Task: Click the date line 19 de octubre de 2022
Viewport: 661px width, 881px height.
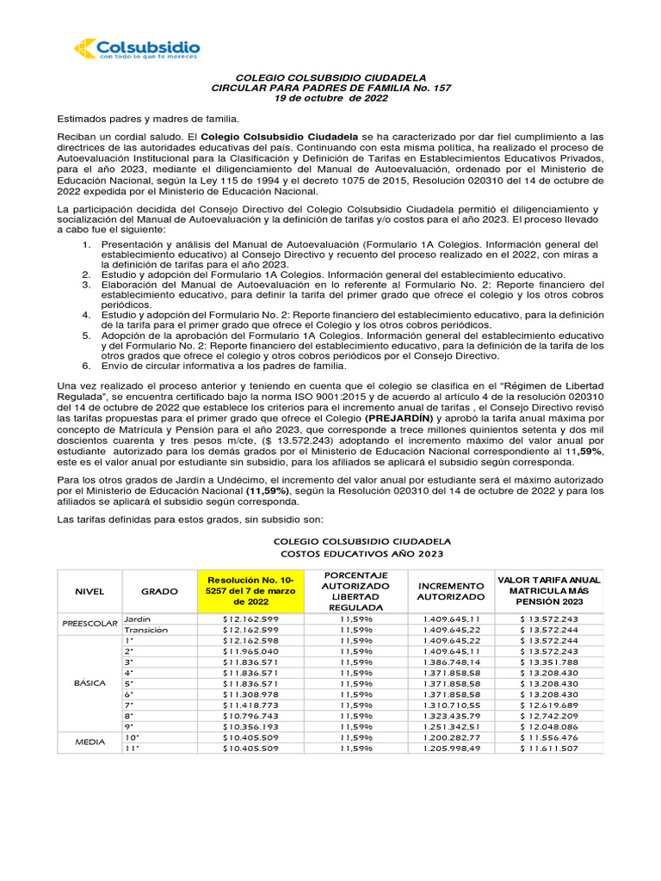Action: [331, 98]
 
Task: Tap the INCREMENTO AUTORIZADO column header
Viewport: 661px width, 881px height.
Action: [451, 591]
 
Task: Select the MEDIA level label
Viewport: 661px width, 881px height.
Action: [89, 742]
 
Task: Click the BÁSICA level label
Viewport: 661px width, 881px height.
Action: [89, 682]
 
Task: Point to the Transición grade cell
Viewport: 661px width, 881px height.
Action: [145, 630]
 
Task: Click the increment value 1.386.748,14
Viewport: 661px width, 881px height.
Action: [451, 662]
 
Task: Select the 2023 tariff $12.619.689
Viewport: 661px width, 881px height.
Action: [549, 704]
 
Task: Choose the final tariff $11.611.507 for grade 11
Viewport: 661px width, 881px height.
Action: [549, 748]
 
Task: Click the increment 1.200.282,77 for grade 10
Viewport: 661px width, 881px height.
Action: [451, 737]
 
